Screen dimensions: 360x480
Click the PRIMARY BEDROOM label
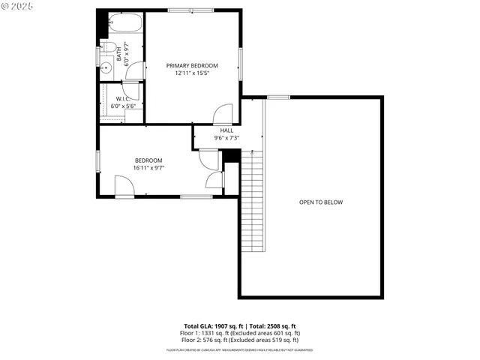click(192, 66)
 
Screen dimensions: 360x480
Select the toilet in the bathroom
click(109, 49)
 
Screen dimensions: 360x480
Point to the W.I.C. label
click(124, 98)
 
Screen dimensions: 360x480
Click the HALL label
click(226, 130)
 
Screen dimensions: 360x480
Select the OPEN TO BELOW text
click(321, 202)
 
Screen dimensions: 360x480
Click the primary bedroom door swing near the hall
click(223, 115)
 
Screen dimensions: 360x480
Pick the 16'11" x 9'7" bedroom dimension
click(148, 168)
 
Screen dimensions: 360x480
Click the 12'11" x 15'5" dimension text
click(192, 73)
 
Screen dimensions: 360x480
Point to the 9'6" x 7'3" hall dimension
click(226, 138)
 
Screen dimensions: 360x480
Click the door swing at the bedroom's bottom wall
click(124, 187)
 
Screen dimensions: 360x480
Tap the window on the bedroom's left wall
click(97, 162)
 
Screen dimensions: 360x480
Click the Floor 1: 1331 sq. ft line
click(240, 333)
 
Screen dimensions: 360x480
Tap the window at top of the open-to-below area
click(279, 97)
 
